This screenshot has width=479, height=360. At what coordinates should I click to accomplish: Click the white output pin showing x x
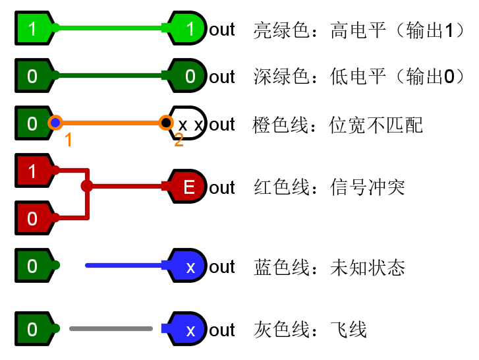coord(190,123)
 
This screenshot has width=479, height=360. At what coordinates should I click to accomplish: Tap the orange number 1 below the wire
coord(68,139)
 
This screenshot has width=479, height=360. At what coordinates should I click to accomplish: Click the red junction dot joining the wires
coord(87,186)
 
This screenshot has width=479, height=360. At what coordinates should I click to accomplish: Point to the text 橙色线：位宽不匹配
coord(338,125)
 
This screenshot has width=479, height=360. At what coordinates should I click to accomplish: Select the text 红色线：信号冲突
coord(329,188)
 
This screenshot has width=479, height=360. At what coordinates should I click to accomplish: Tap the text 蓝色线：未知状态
coord(329,267)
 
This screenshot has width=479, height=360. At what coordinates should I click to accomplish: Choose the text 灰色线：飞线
coord(310,330)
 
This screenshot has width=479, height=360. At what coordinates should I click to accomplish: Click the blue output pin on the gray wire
coord(190,329)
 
